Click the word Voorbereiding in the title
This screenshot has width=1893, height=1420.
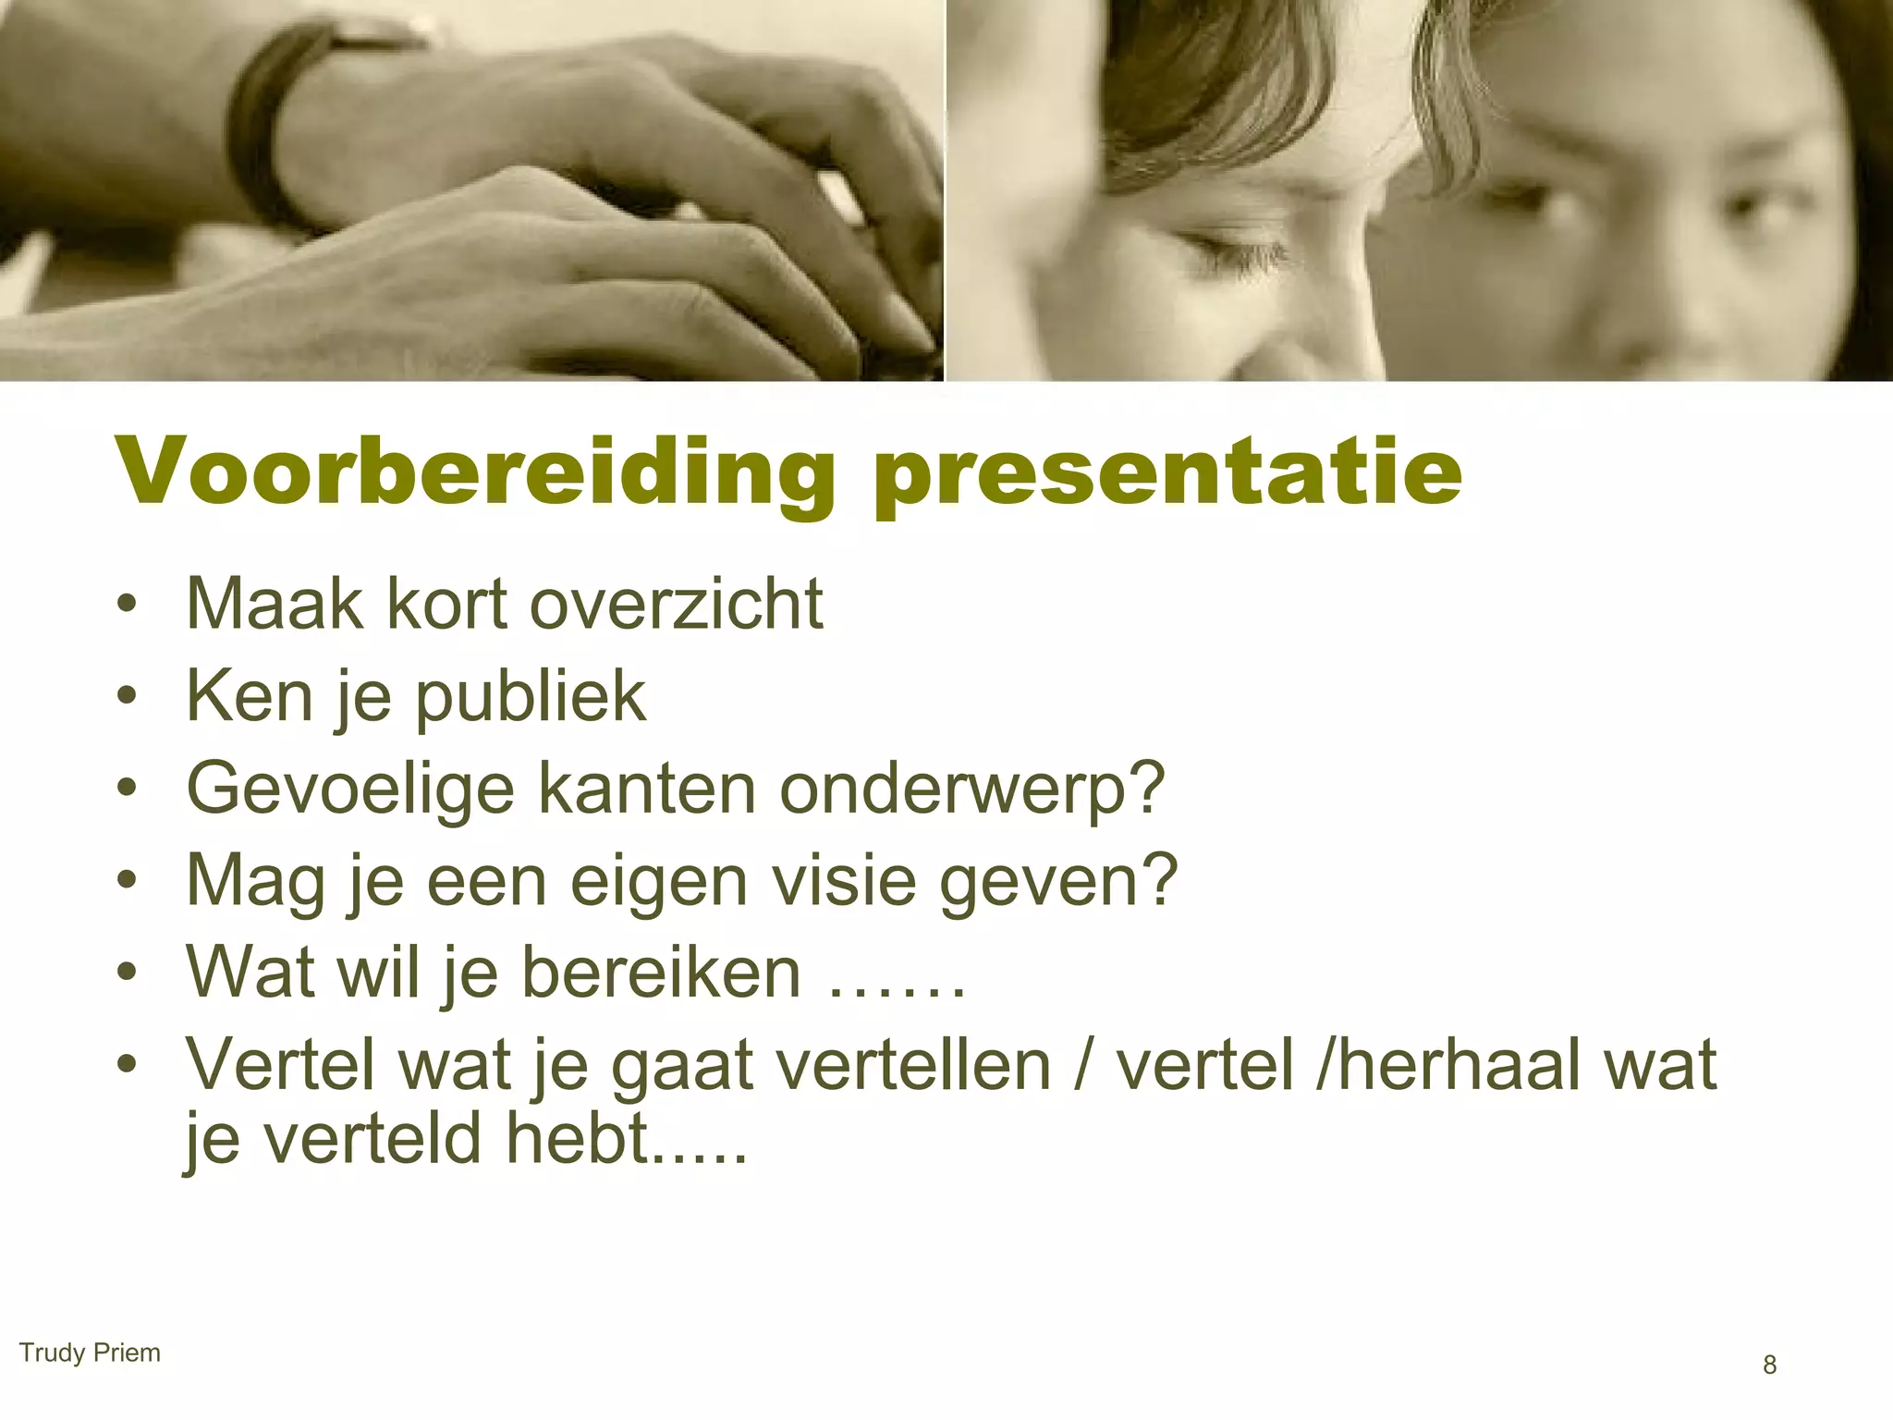point(471,473)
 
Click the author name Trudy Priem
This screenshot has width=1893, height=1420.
point(90,1353)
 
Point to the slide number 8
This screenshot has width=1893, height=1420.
point(1769,1365)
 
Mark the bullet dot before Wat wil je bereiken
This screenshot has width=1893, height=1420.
point(128,973)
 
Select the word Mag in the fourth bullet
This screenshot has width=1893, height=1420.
point(256,881)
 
